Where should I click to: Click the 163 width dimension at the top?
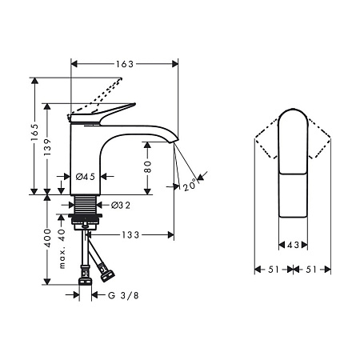(124, 64)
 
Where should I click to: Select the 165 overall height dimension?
(34, 133)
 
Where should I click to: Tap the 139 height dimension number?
(47, 147)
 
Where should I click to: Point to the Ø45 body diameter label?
(85, 177)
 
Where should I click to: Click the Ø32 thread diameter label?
(121, 206)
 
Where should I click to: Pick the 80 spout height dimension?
(147, 166)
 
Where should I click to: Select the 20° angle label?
(190, 186)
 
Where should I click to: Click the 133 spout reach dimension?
(130, 235)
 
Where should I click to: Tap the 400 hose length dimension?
(47, 238)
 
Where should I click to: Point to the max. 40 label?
(62, 249)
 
